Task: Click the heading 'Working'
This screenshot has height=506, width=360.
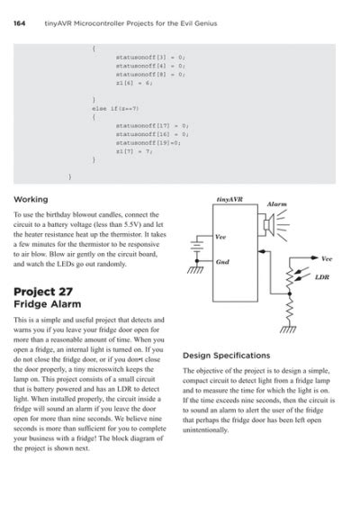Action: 31,198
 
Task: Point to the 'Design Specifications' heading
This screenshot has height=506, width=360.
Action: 226,355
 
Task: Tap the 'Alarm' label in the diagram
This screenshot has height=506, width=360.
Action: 277,204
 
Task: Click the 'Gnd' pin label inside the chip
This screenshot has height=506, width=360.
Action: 222,261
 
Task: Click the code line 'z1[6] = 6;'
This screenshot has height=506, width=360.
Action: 134,82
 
